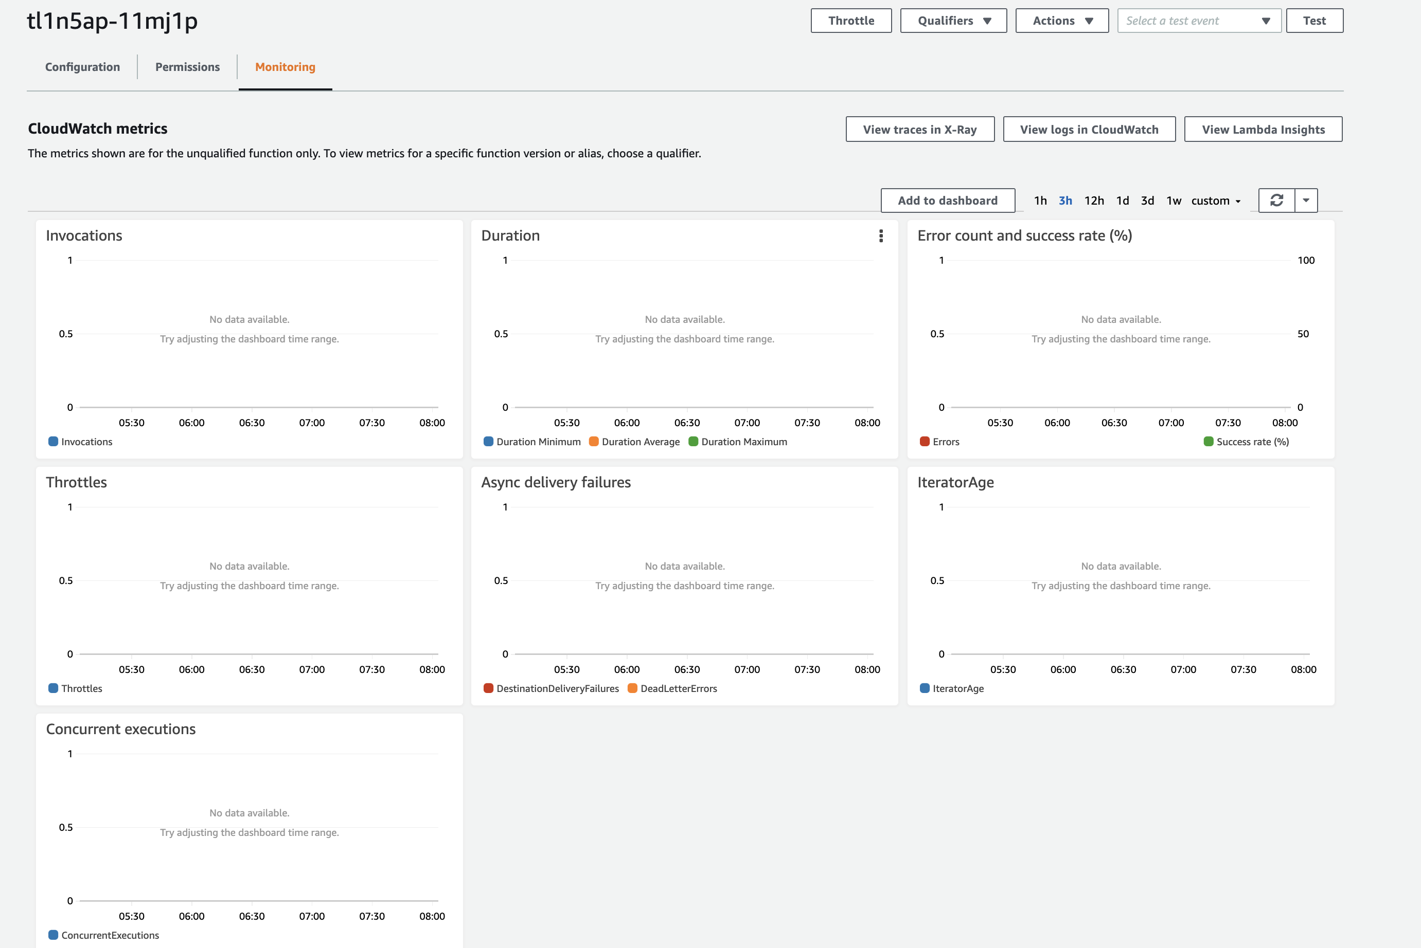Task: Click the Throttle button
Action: [x=850, y=21]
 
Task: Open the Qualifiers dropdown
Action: [x=953, y=21]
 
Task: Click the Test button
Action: [x=1314, y=21]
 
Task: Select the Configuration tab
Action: [x=82, y=67]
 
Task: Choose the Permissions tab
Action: [x=188, y=67]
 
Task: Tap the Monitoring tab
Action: [x=285, y=67]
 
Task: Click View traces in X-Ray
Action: [x=919, y=130]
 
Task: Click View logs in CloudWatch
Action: [x=1089, y=130]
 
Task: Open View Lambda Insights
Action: [x=1263, y=130]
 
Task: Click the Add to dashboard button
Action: [x=947, y=200]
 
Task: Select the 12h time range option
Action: [x=1094, y=200]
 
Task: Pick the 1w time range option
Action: [x=1174, y=200]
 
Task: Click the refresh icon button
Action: [x=1276, y=200]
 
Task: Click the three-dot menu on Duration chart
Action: [x=881, y=236]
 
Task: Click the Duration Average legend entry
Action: [x=640, y=442]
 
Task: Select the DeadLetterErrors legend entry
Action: [x=678, y=688]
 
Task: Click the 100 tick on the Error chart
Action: [x=1305, y=261]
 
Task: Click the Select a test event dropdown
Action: [x=1198, y=21]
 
